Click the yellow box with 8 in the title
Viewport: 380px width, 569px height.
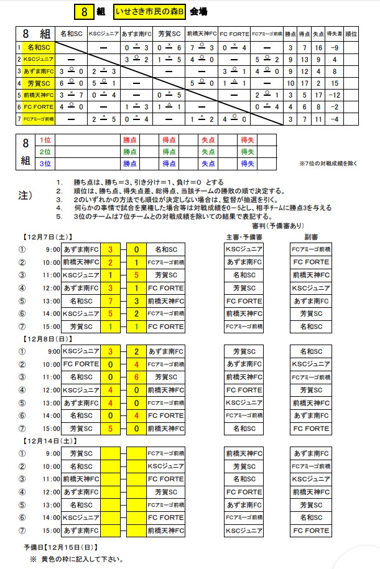point(85,12)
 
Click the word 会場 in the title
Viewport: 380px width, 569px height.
point(199,12)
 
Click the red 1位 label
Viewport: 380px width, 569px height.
point(45,140)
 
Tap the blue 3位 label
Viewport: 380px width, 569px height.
point(45,164)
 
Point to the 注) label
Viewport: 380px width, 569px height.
point(25,195)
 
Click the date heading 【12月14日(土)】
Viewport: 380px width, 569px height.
point(49,440)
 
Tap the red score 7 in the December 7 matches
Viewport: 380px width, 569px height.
point(110,301)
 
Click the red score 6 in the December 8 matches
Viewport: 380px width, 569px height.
point(136,377)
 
